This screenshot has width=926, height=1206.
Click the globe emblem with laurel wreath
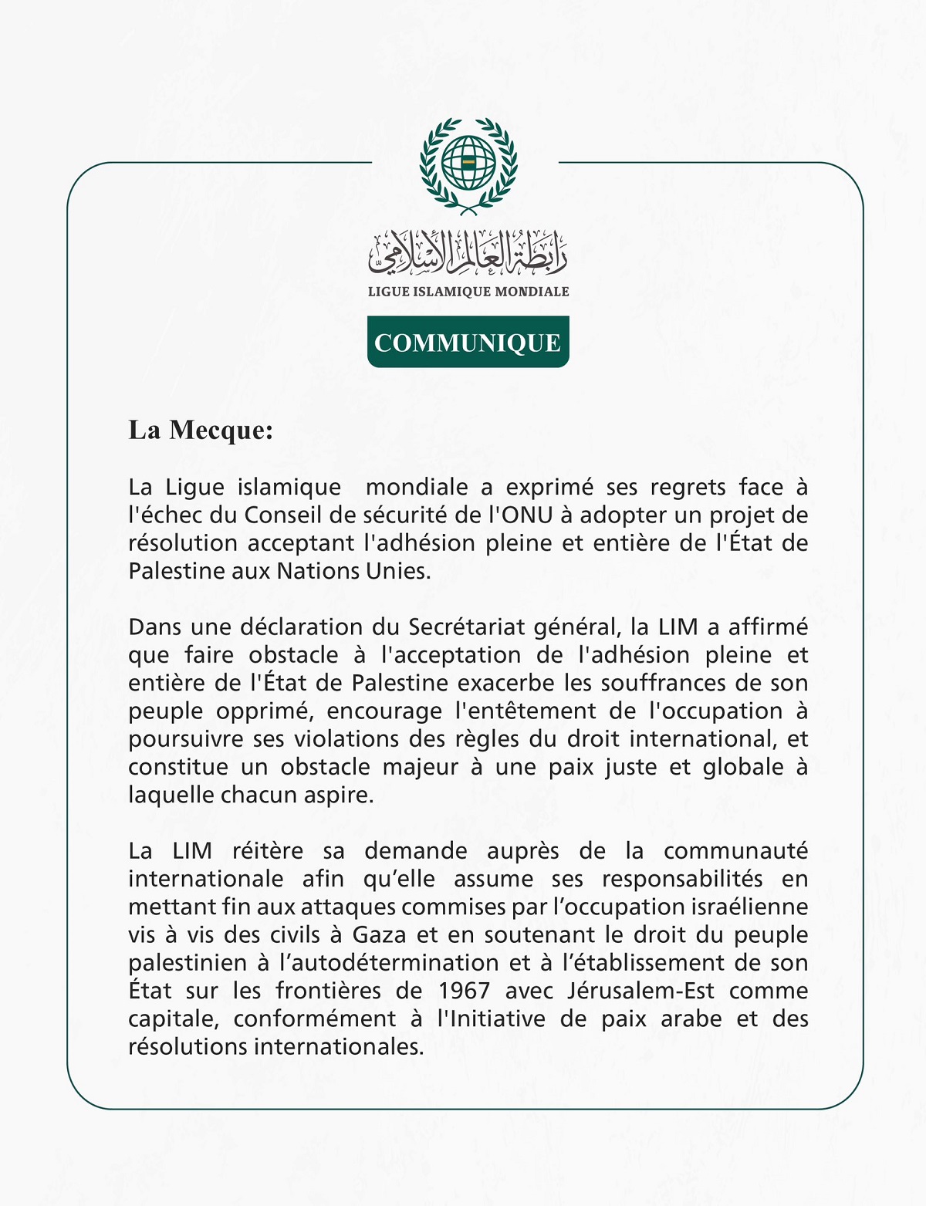pyautogui.click(x=468, y=165)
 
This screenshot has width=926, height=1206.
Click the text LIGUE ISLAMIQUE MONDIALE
pyautogui.click(x=468, y=292)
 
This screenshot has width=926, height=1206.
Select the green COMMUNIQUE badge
pyautogui.click(x=468, y=342)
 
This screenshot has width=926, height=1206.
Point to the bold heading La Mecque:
pyautogui.click(x=201, y=430)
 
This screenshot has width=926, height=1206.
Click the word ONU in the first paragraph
pyautogui.click(x=528, y=515)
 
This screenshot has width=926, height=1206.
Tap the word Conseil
pyautogui.click(x=283, y=515)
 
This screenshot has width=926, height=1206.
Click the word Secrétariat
pyautogui.click(x=468, y=627)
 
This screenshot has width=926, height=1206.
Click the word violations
pyautogui.click(x=346, y=739)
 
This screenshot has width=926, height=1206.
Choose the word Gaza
pyautogui.click(x=380, y=935)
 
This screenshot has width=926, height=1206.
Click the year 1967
pyautogui.click(x=465, y=991)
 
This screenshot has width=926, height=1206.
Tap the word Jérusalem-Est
pyautogui.click(x=640, y=991)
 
